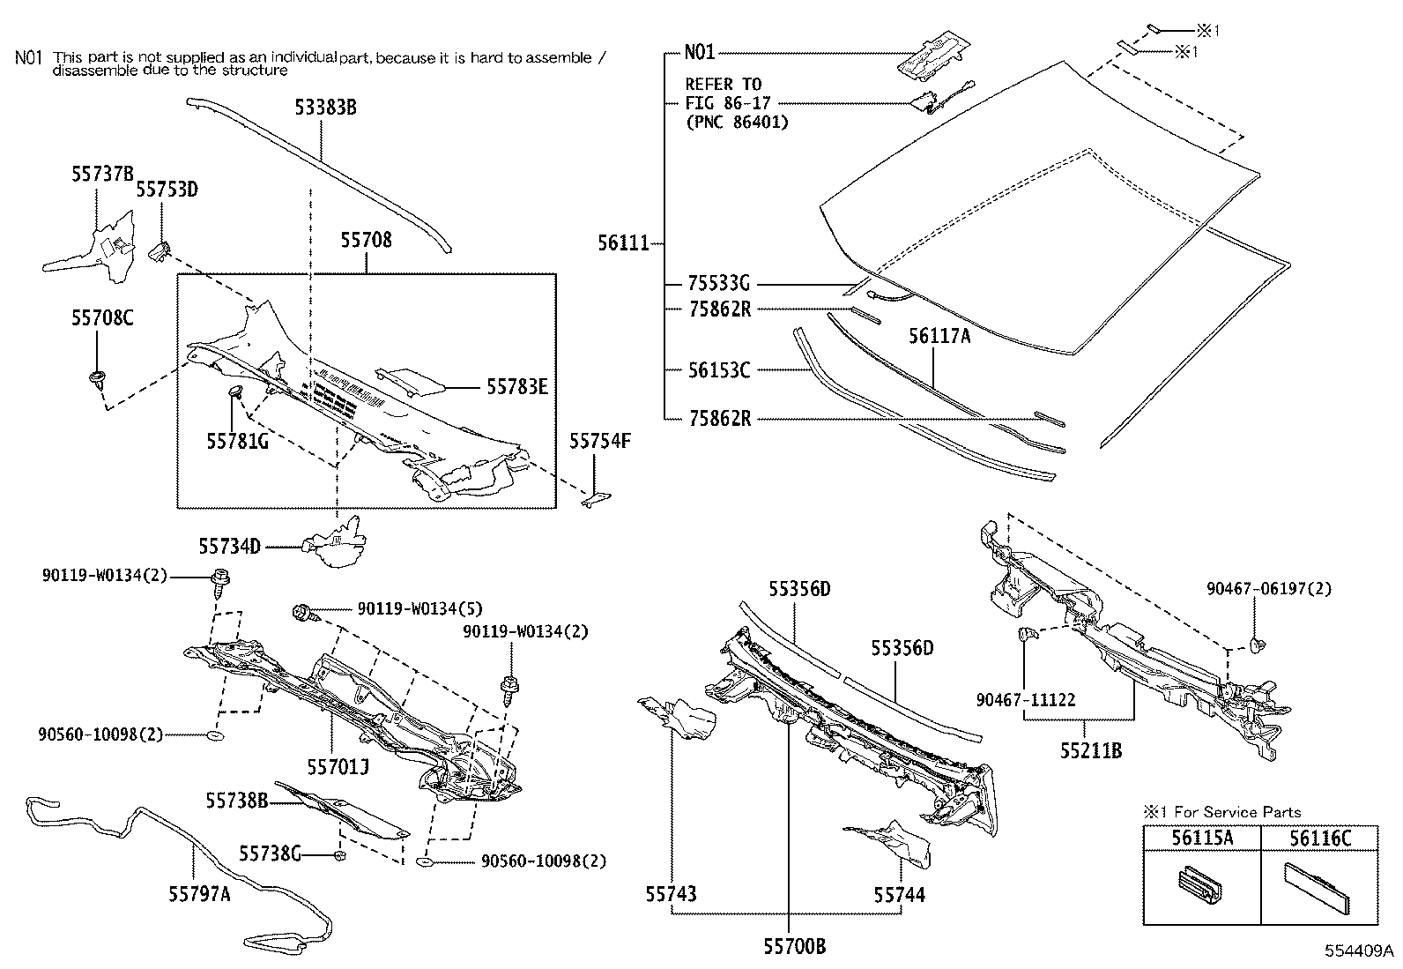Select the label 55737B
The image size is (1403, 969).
[x=102, y=174]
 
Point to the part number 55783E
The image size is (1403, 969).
[x=517, y=386]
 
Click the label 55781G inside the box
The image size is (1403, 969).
[x=237, y=440]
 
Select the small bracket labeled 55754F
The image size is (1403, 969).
[x=593, y=500]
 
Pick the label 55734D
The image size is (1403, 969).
[x=229, y=547]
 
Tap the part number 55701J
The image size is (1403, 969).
[x=338, y=766]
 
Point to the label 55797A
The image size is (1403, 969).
[x=199, y=894]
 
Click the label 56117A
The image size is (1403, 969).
[x=939, y=335]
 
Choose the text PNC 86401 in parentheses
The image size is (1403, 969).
[x=737, y=123]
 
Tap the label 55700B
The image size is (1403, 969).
[x=794, y=947]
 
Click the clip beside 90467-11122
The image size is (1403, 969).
[x=1027, y=633]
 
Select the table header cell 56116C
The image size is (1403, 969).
[x=1319, y=839]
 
